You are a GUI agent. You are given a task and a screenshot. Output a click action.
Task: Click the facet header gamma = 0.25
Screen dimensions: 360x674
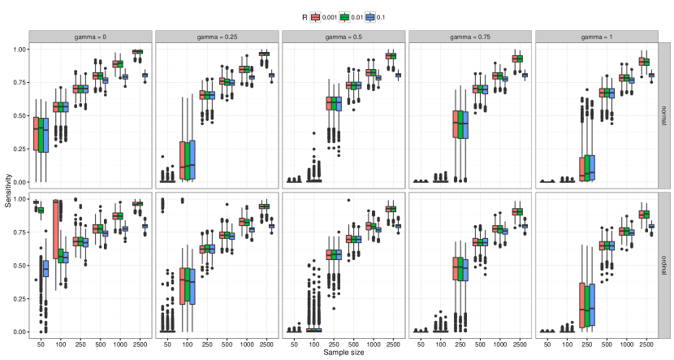point(218,37)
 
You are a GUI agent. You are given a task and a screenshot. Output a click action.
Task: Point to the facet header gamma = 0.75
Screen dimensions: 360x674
point(471,37)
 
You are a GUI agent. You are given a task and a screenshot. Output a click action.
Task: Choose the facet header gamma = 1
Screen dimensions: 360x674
point(597,37)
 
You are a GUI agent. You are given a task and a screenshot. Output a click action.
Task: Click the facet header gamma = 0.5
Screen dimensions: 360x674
point(344,37)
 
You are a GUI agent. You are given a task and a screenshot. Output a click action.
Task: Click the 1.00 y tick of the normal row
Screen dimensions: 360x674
point(18,50)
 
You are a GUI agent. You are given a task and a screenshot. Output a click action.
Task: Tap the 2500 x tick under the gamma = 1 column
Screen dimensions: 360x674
point(644,344)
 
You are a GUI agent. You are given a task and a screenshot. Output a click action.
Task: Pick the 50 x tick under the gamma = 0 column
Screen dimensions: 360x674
point(40,344)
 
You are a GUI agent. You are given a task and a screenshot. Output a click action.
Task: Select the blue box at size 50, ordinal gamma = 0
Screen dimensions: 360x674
point(45,267)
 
